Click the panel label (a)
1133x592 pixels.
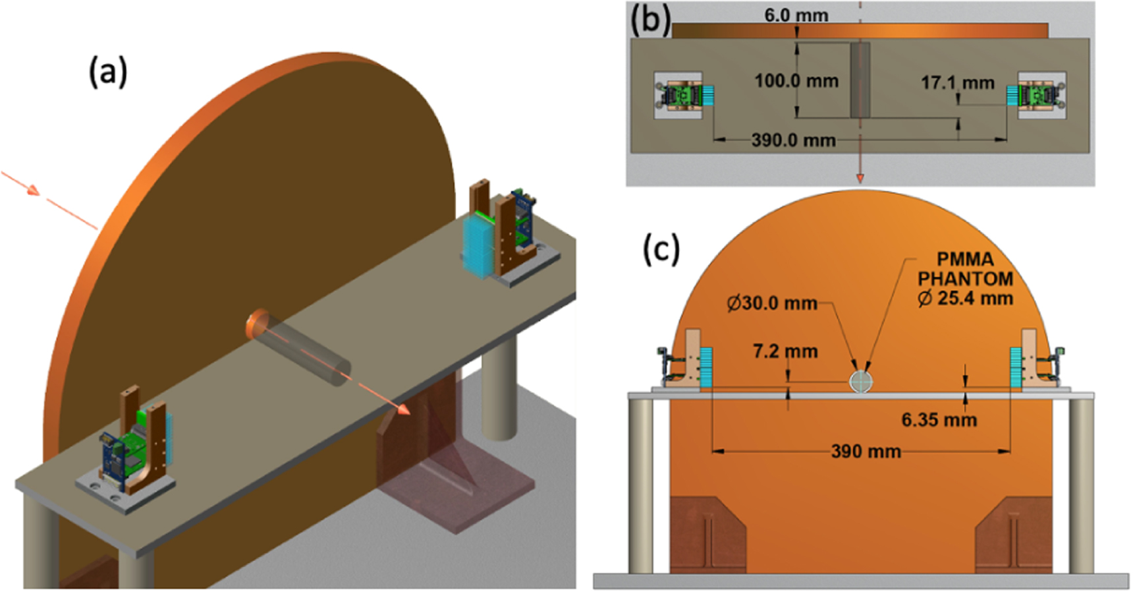tap(108, 72)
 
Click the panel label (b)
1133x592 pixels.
tap(650, 20)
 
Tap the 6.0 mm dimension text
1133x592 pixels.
tap(796, 15)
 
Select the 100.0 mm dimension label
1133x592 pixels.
tap(796, 81)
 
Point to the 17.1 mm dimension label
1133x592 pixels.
tap(957, 82)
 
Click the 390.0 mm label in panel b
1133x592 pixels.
tap(793, 140)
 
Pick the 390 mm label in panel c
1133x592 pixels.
tap(866, 452)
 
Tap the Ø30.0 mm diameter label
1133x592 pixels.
tap(771, 303)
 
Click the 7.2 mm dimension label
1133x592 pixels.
tap(785, 351)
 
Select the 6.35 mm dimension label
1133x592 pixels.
tap(939, 420)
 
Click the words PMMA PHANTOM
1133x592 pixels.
tap(965, 268)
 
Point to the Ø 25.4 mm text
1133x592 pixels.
tap(965, 298)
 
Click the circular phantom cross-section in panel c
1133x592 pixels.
tap(860, 381)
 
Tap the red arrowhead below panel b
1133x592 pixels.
tap(860, 177)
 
